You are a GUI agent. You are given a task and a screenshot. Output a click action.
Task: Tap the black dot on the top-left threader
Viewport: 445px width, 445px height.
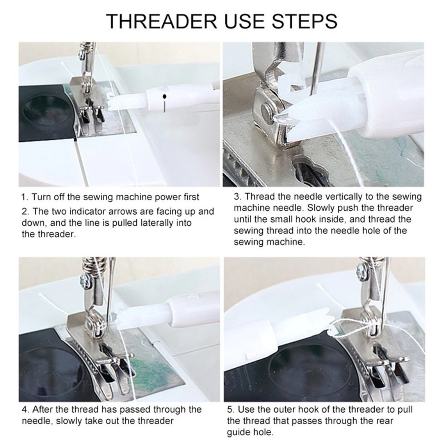[x=165, y=96]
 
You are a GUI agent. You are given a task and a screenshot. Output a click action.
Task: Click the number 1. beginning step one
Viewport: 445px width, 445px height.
[x=25, y=197]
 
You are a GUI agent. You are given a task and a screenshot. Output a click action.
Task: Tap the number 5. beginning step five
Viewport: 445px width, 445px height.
[x=231, y=409]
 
